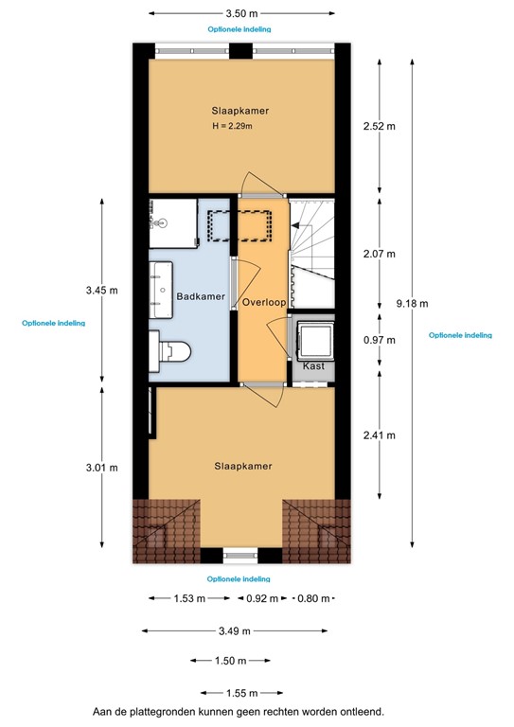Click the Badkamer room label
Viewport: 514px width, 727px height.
point(202,297)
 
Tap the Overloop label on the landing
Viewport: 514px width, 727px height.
point(263,302)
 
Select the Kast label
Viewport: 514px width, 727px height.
point(313,365)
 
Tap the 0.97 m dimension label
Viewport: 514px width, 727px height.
point(380,339)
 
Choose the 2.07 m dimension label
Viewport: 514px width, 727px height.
point(380,254)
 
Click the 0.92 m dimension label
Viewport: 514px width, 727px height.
point(264,598)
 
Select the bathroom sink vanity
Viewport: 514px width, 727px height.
point(156,289)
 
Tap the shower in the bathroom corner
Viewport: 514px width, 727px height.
point(170,222)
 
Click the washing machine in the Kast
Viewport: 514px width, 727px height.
point(313,338)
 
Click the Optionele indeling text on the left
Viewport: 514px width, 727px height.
point(53,323)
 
